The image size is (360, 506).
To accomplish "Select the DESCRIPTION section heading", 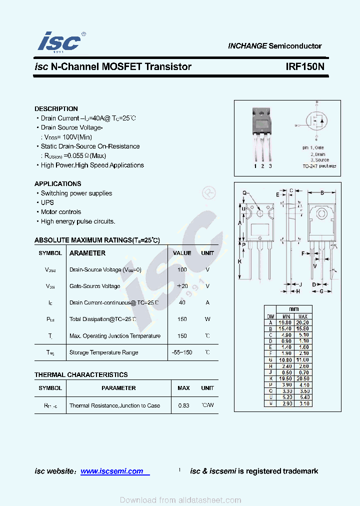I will pos(56,108).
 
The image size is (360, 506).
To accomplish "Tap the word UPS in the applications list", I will pos(47,202).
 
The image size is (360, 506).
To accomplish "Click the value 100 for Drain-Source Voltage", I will pos(182,269).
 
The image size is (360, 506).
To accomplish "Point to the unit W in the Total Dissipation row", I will pos(207,319).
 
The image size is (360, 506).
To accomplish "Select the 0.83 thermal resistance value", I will pos(183,405).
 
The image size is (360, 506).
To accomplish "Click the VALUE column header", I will pos(182,253).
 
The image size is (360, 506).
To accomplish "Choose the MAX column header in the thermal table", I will pos(183,388).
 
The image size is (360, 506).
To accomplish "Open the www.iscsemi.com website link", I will pos(111,471).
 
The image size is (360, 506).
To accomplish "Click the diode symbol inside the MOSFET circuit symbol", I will pos(322,121).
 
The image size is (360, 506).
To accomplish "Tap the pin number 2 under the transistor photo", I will pos(262,166).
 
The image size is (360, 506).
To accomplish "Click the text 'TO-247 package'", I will pos(319,165).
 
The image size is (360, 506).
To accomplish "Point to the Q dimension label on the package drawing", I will pos(245,192).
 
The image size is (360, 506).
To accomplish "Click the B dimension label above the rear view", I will pos(322,192).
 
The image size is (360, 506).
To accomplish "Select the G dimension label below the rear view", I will pos(322,290).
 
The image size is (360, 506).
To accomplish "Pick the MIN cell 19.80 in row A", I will pos(286,322).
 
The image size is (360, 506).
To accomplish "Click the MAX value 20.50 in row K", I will pos(303,379).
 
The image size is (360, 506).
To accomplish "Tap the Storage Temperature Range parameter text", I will pos(103,352).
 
